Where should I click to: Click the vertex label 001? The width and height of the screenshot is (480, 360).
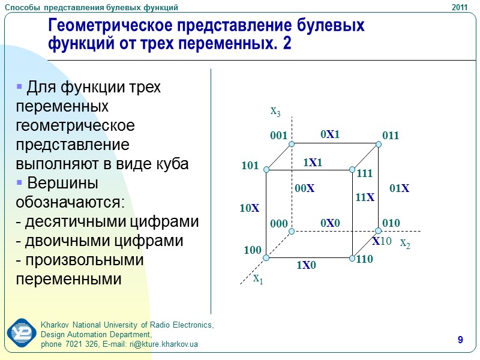click(x=279, y=136)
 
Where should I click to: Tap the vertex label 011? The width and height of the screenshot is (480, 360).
click(x=391, y=136)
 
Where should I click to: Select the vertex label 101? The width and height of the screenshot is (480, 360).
click(x=250, y=165)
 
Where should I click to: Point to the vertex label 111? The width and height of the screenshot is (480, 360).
click(x=364, y=174)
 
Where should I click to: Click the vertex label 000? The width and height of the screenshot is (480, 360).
click(x=279, y=224)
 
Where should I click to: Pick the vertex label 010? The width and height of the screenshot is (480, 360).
click(x=391, y=223)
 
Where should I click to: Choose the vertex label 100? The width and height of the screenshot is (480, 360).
click(x=253, y=250)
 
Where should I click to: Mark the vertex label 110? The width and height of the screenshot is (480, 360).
click(x=364, y=260)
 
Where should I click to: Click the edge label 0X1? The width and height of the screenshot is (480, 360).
click(x=330, y=135)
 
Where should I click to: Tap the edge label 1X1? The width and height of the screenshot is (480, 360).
click(x=312, y=163)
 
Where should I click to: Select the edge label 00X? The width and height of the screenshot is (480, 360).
click(x=305, y=188)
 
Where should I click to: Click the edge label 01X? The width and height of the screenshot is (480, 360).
click(x=399, y=188)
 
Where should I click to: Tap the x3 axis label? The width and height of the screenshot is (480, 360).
click(x=275, y=111)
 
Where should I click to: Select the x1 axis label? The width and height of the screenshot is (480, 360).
click(x=257, y=278)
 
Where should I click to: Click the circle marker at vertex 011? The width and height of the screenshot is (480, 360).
click(x=379, y=144)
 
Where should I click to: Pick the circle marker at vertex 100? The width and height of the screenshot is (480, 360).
click(x=266, y=258)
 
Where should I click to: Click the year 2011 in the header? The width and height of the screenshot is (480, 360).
click(x=459, y=7)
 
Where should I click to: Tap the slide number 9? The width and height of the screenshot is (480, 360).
click(x=460, y=341)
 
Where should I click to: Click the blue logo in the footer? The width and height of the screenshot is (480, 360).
click(x=22, y=334)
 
